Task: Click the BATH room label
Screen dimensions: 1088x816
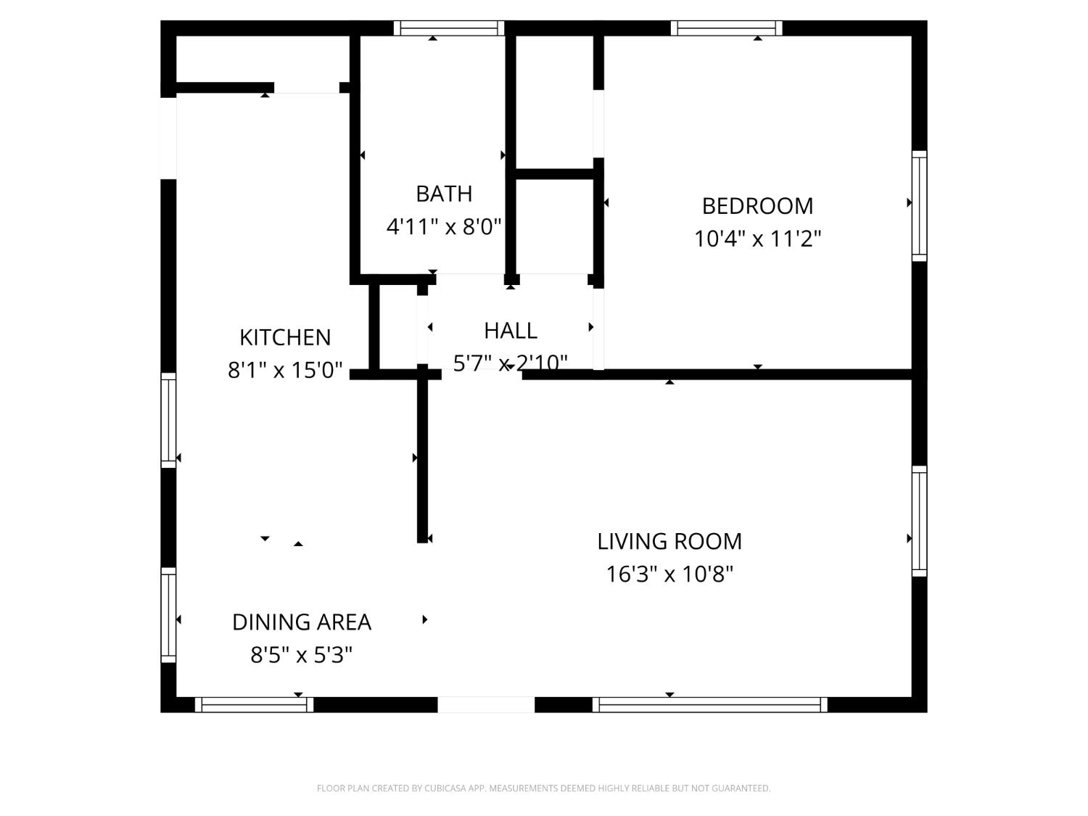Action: click(444, 194)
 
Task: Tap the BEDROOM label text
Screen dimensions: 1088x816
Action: click(757, 206)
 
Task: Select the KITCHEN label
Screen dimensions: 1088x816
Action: click(285, 338)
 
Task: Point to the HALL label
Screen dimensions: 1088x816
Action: click(511, 331)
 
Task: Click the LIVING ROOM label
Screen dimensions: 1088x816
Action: click(669, 542)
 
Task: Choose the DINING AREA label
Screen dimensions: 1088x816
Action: click(301, 622)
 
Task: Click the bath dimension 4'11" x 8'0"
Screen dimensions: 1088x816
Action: click(444, 227)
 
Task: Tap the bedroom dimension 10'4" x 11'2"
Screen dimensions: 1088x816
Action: click(757, 239)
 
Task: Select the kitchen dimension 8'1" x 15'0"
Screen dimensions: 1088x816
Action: click(285, 370)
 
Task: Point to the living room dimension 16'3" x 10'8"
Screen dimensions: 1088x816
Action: click(669, 574)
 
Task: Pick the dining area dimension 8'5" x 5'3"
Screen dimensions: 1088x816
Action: click(301, 655)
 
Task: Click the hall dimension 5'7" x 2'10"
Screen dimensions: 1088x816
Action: click(511, 363)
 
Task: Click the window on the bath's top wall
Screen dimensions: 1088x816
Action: click(449, 28)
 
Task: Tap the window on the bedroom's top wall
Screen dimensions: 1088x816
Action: click(726, 28)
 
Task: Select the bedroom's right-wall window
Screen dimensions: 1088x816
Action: click(920, 205)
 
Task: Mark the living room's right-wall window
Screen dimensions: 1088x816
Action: click(920, 521)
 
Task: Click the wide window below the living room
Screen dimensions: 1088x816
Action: click(710, 704)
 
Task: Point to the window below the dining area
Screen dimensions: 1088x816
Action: click(254, 704)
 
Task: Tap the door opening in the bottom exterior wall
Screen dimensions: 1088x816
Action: click(486, 704)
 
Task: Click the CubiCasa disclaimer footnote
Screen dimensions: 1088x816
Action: click(544, 788)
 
